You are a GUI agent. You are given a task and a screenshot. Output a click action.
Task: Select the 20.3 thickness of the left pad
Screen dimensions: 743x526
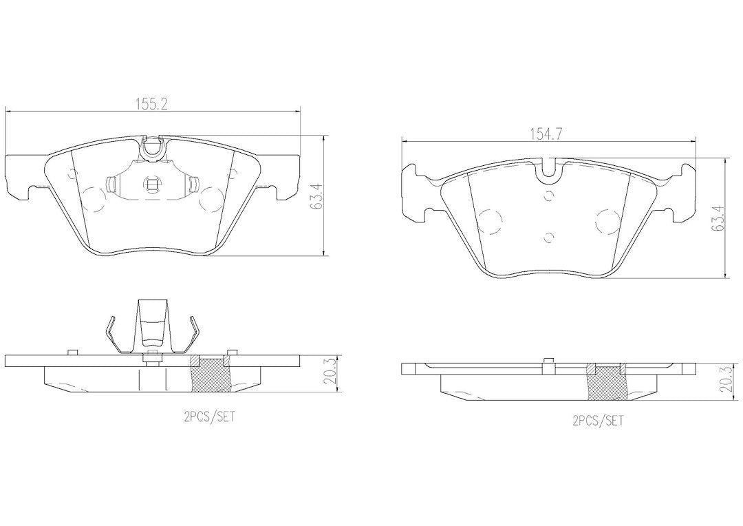point(331,374)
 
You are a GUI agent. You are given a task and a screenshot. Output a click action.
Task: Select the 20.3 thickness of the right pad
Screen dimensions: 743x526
point(726,381)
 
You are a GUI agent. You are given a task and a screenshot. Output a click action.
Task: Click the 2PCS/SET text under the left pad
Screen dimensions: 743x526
point(209,417)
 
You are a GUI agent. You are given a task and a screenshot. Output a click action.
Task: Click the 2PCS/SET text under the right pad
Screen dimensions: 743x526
point(599,420)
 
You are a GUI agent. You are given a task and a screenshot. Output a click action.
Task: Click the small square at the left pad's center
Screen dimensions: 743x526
point(151,184)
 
